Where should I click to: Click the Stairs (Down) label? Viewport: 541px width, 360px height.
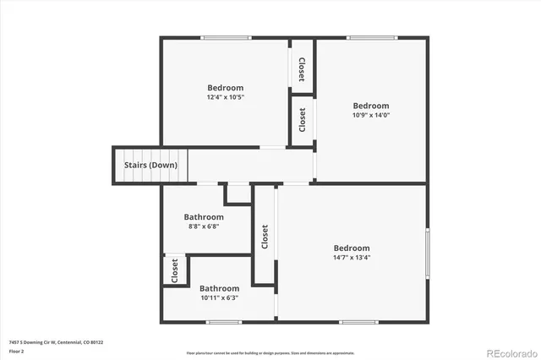pos(150,165)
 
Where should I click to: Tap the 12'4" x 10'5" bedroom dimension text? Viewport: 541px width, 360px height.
pos(226,97)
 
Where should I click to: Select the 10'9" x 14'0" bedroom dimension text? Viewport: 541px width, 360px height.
pos(370,115)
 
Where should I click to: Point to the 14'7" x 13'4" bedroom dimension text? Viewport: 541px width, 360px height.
pos(351,257)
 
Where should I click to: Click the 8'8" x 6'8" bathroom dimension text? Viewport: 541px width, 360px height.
pos(203,226)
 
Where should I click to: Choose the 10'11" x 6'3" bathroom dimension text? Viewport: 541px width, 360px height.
pos(219,297)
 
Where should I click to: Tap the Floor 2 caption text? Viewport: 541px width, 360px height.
pos(17,350)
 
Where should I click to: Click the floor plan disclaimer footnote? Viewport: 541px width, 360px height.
pos(270,352)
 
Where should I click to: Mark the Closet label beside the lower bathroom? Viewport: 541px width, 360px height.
pos(175,270)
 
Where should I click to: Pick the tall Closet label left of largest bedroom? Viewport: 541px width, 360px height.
pos(265,236)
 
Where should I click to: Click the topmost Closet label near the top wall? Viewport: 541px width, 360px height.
pos(302,67)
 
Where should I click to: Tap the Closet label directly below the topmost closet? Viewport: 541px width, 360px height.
pos(303,119)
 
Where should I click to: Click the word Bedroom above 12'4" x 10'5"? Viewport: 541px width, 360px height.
pos(226,88)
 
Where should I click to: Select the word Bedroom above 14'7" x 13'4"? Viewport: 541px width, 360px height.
pos(351,248)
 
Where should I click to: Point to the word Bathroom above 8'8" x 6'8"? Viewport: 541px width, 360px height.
pos(204,217)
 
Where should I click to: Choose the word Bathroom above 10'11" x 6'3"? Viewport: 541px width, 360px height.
pos(219,288)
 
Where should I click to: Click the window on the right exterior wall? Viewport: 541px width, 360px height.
pos(427,254)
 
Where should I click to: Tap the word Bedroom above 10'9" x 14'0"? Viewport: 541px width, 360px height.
pos(370,106)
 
